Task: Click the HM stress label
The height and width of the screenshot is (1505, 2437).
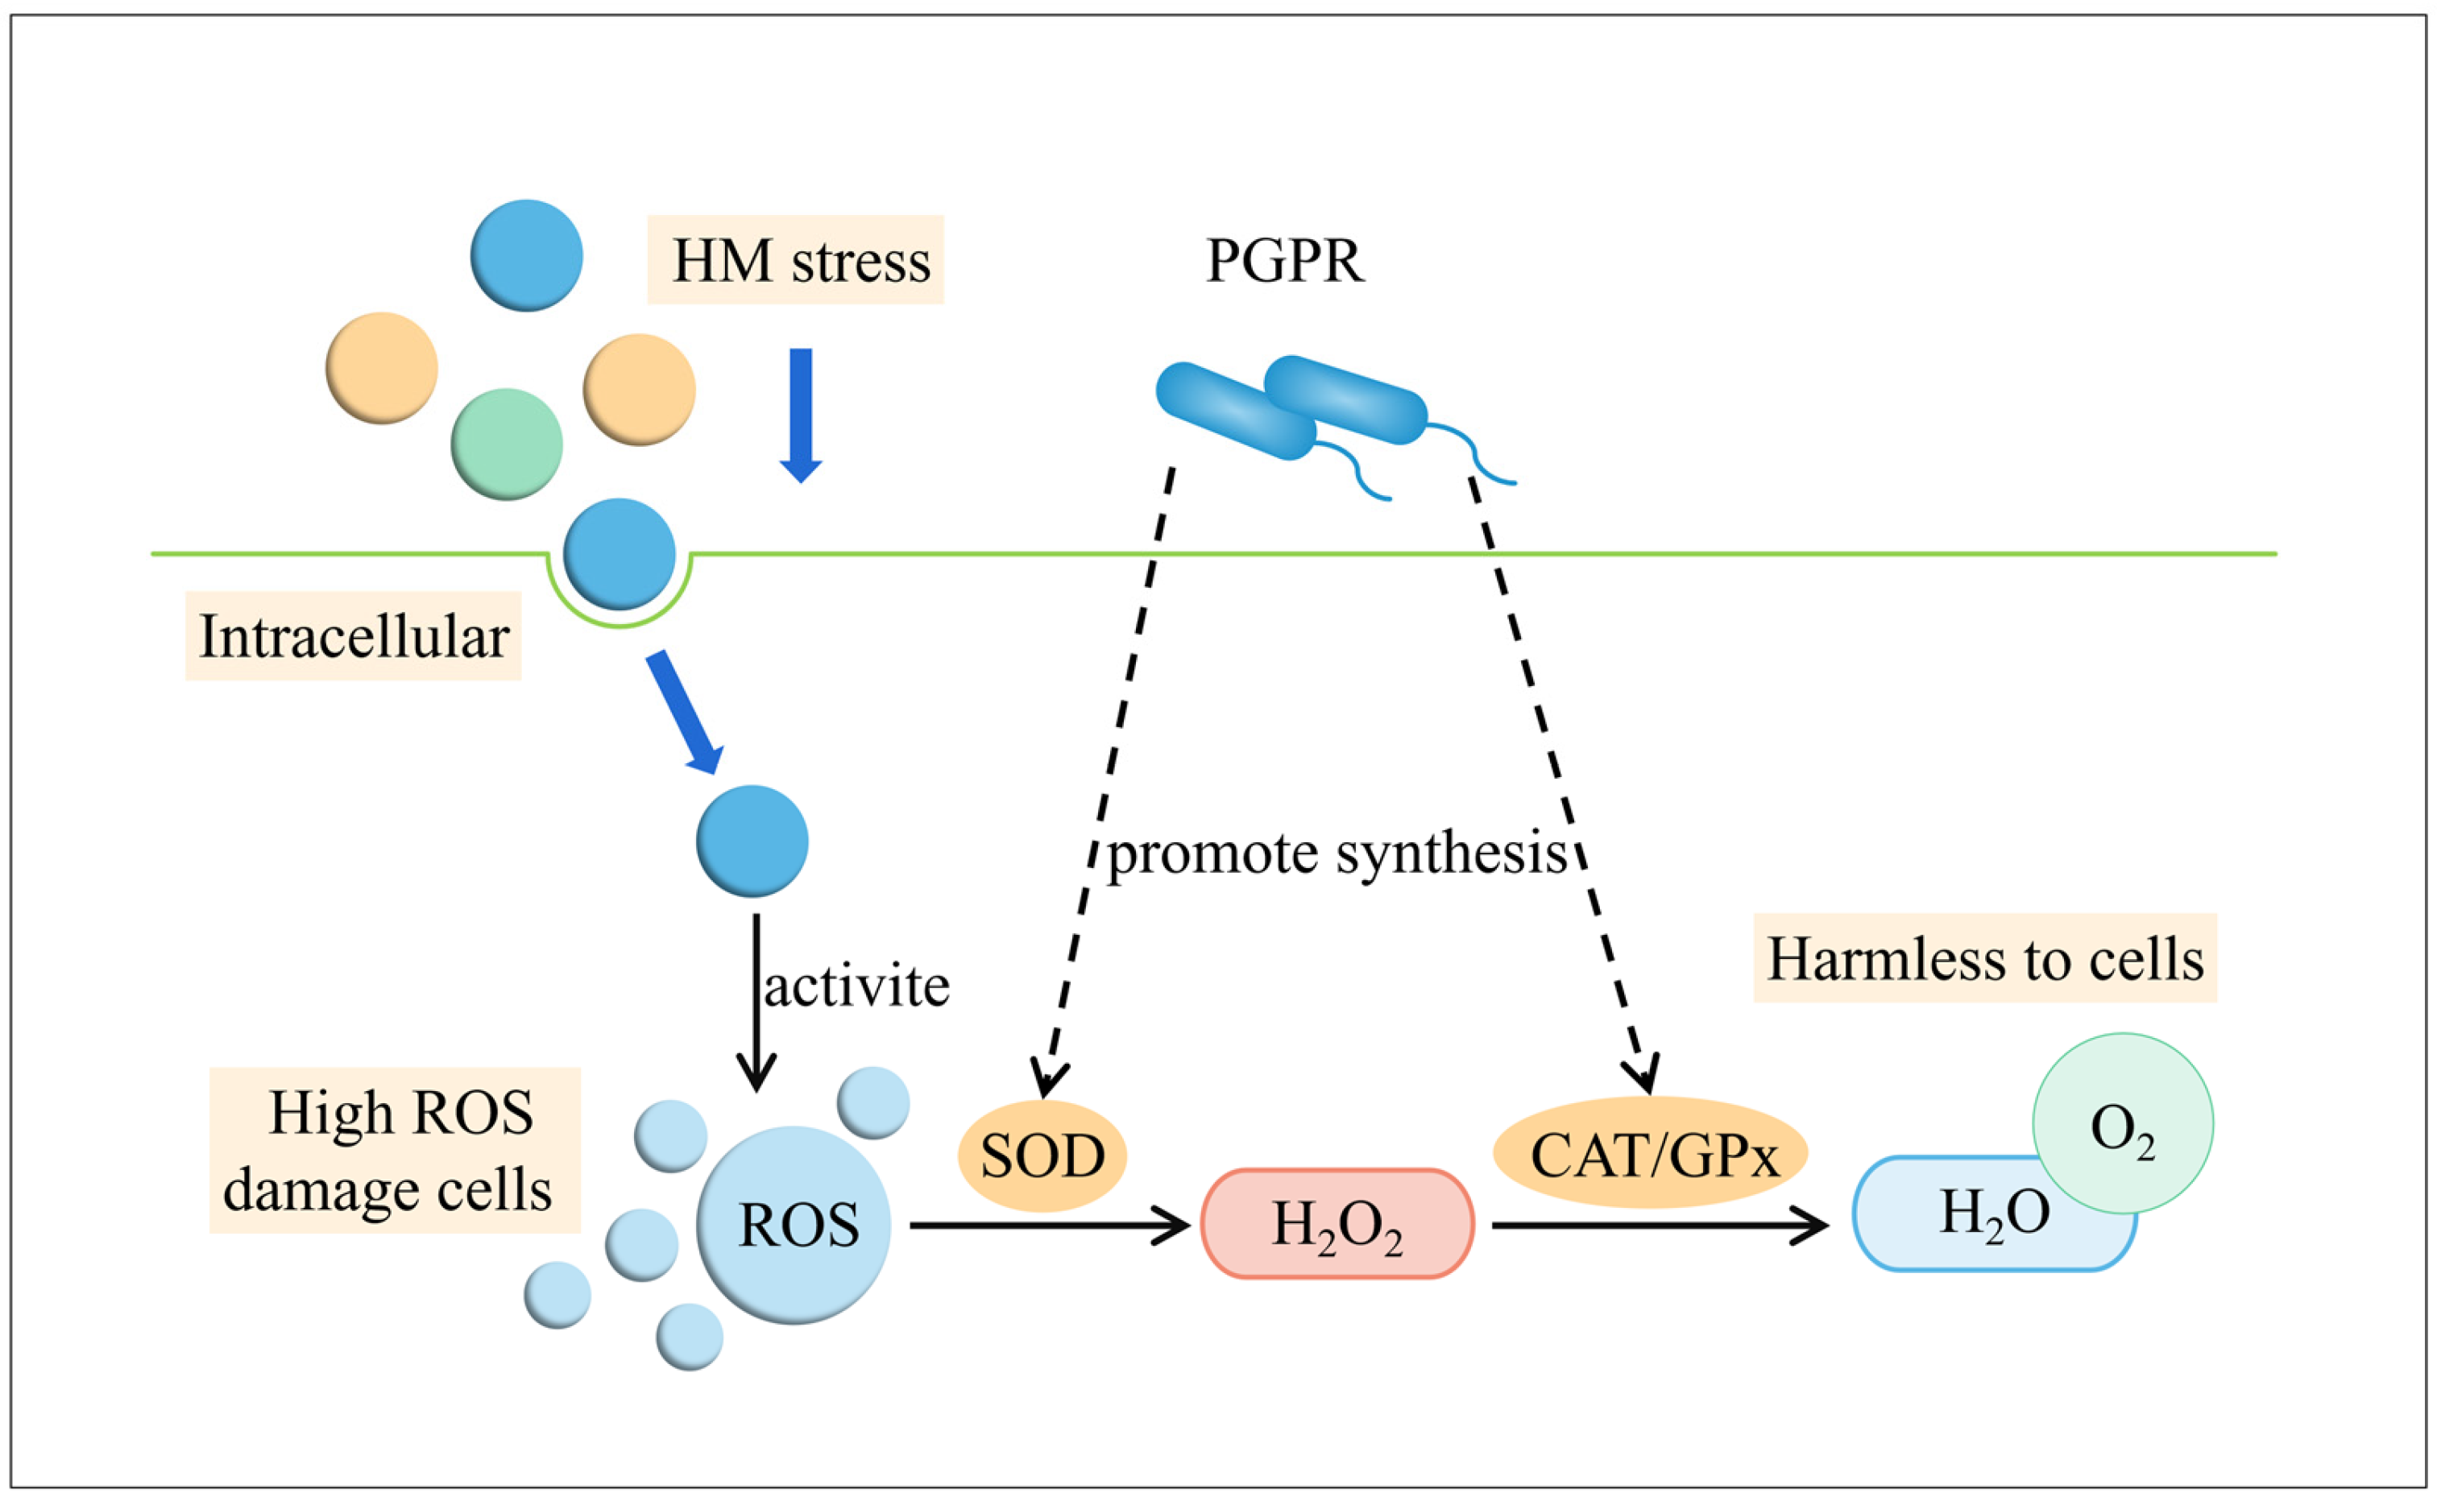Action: click(794, 260)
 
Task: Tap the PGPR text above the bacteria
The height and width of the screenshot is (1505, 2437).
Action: click(1283, 261)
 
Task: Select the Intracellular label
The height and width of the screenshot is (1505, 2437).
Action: click(354, 636)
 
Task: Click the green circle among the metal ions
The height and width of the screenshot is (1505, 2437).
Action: click(506, 444)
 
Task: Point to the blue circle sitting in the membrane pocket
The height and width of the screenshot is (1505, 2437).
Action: click(620, 553)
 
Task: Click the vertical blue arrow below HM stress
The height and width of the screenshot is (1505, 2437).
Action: click(801, 414)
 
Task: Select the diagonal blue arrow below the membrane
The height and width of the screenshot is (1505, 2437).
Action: click(685, 712)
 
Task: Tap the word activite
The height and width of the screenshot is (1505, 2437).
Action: click(856, 986)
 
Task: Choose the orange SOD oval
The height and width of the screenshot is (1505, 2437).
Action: click(1042, 1156)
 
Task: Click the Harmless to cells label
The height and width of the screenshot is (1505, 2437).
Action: click(1984, 958)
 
